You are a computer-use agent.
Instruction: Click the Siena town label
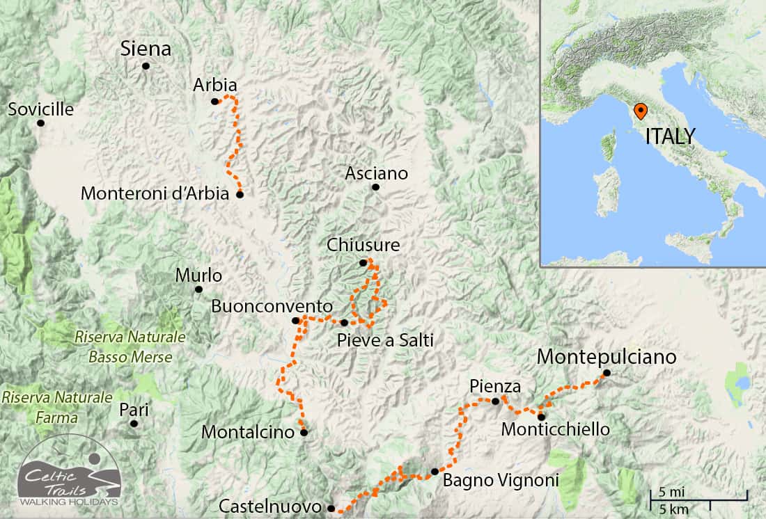(x=146, y=49)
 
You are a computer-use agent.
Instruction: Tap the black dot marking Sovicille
(x=40, y=123)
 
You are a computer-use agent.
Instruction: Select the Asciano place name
(x=376, y=174)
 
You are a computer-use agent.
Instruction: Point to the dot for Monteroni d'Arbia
(x=240, y=195)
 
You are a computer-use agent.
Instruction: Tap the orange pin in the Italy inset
(x=639, y=111)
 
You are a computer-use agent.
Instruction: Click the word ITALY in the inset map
(x=670, y=136)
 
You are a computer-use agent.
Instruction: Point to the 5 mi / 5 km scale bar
(x=698, y=500)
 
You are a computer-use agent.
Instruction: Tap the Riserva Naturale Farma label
(x=57, y=407)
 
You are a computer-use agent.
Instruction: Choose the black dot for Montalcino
(x=304, y=432)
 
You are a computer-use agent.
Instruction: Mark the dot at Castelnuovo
(x=331, y=508)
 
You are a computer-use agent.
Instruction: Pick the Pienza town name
(x=494, y=386)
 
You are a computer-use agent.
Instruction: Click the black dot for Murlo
(x=198, y=289)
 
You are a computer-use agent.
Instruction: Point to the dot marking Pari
(x=134, y=423)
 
